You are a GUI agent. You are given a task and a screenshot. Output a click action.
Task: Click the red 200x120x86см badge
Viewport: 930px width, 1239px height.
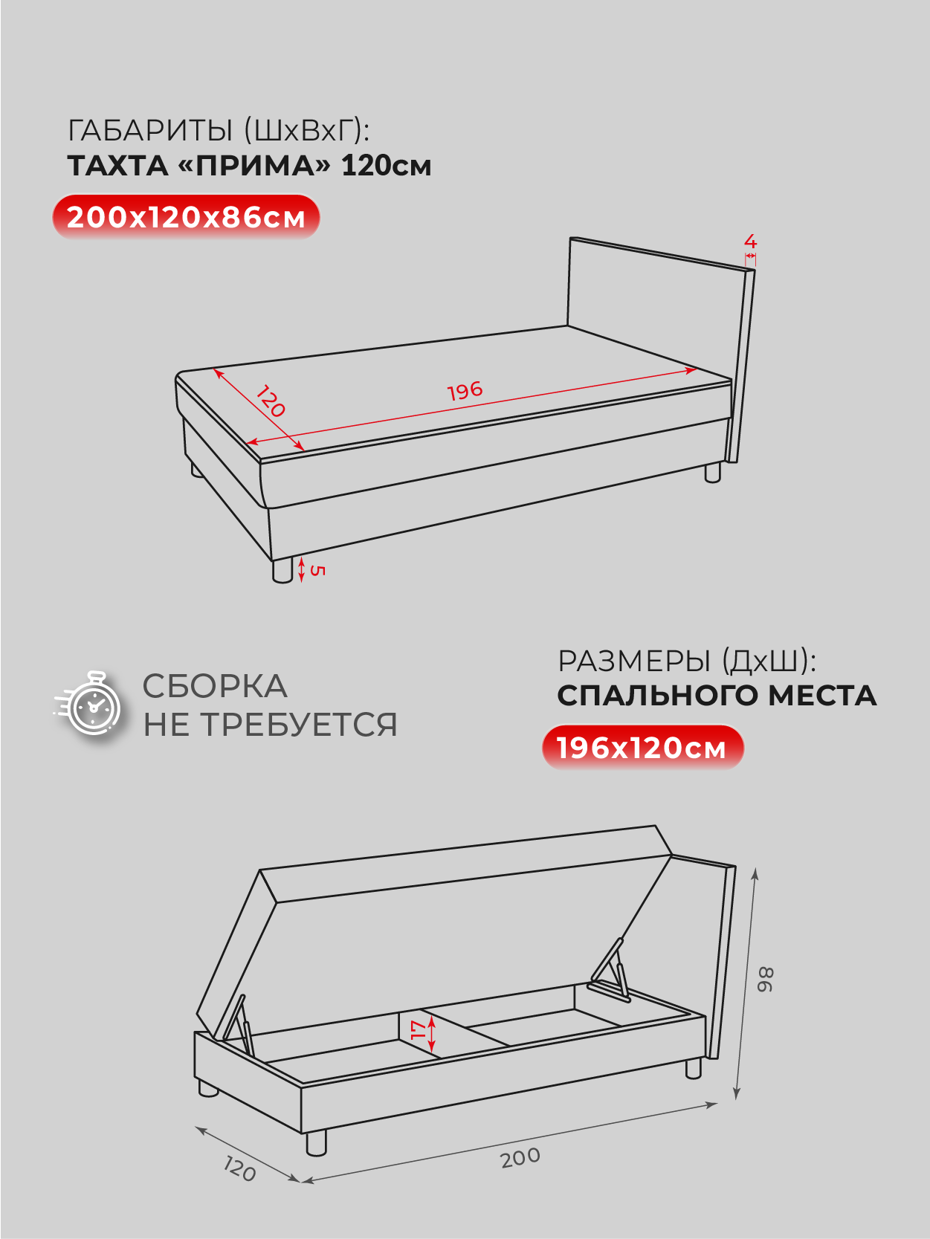click(x=187, y=217)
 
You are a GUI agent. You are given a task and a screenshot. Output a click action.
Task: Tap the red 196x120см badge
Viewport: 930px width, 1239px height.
click(x=643, y=748)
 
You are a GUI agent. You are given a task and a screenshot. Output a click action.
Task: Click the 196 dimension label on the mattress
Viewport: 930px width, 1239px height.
click(x=465, y=390)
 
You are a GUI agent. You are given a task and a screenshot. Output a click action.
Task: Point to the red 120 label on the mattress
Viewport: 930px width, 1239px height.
click(x=271, y=401)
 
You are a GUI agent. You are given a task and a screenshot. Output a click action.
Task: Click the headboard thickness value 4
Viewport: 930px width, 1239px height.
click(x=750, y=242)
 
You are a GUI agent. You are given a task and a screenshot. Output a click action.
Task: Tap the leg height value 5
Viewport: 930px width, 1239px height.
click(x=317, y=571)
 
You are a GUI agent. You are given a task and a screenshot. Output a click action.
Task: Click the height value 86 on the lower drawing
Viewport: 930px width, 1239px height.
click(x=766, y=980)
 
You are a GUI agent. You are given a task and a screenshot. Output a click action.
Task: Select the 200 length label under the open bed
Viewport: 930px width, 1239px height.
click(x=520, y=1158)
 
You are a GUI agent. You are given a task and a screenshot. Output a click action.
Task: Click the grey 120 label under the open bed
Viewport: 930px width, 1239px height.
click(x=240, y=1169)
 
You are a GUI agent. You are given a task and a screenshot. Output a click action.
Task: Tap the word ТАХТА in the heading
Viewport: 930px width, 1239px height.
click(x=118, y=166)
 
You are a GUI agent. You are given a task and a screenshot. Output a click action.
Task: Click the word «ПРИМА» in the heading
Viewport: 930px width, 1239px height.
click(x=254, y=166)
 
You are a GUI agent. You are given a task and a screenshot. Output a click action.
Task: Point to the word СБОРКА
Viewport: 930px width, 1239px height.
click(x=215, y=686)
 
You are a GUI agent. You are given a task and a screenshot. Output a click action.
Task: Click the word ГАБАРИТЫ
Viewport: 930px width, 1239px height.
click(x=150, y=131)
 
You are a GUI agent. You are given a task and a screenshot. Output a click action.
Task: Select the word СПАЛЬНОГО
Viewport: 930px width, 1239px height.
click(x=657, y=696)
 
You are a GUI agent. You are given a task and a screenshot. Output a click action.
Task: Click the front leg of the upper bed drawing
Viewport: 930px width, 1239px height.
click(x=282, y=570)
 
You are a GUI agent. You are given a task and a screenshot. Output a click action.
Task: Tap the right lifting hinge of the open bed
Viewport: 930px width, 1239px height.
click(x=610, y=970)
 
